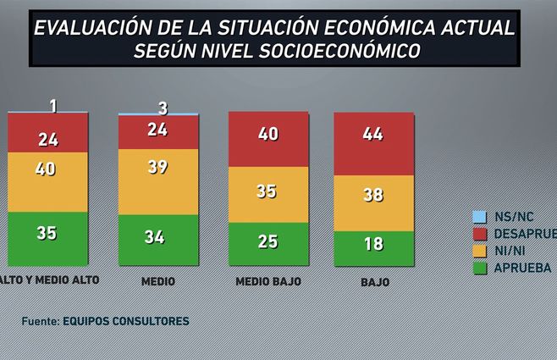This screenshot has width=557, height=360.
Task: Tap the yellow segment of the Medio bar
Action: click(157, 181)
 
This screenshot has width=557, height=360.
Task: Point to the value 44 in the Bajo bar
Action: click(373, 134)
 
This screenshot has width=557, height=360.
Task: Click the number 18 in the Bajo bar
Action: click(373, 245)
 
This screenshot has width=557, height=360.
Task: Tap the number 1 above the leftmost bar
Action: click(53, 106)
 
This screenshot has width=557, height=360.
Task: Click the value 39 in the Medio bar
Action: click(157, 168)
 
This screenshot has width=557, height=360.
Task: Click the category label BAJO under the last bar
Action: click(373, 281)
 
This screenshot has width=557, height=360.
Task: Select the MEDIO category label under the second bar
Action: click(158, 280)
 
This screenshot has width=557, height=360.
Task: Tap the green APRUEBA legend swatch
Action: click(478, 268)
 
